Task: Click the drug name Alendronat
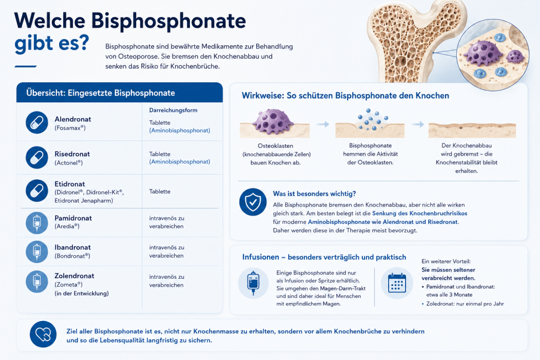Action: coord(73,119)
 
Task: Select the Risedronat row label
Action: coord(72,154)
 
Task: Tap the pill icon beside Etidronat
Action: coord(37,191)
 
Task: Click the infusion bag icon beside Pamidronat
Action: coord(37,222)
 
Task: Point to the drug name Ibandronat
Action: coord(73,247)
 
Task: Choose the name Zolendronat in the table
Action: coord(74,276)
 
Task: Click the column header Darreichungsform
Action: coord(173,110)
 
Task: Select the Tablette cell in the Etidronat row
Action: coord(160,191)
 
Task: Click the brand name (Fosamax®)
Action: coord(70,128)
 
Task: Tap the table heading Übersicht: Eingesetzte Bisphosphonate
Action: coord(101,93)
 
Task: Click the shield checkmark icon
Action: coord(253,202)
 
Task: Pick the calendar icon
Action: coord(397,283)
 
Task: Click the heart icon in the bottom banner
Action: coord(43,334)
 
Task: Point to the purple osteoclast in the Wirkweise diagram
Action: coord(273,121)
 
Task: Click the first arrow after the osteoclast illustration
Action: coord(323,124)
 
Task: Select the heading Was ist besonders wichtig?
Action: coord(314,194)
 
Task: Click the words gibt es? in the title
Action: coord(52,43)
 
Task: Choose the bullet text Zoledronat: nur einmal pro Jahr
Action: coord(465,304)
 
